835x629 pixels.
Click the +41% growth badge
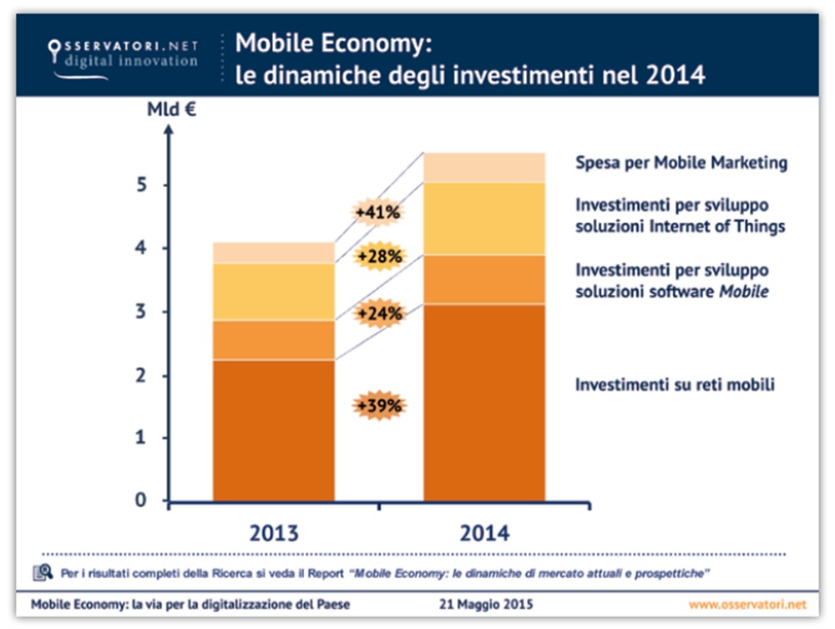378,213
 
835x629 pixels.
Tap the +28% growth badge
378,256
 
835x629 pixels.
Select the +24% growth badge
378,314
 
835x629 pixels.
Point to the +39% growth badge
378,406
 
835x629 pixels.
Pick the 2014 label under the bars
483,532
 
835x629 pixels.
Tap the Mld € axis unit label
171,110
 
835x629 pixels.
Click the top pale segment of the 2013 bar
273,252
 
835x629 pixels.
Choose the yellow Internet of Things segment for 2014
484,219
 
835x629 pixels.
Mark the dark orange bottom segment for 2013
273,430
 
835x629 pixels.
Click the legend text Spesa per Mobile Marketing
681,163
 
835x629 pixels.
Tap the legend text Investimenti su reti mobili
676,385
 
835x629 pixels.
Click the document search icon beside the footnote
43,572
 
